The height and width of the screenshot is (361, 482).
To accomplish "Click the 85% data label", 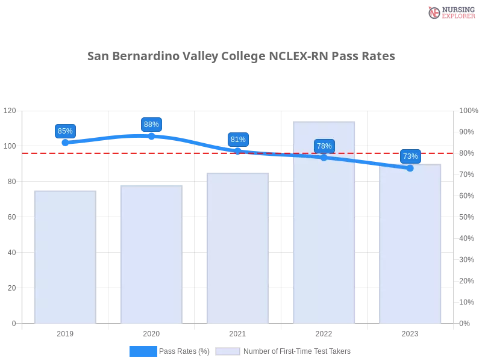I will click(64, 131).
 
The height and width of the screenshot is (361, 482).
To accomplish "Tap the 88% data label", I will click(151, 125).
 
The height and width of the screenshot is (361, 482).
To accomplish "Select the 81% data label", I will click(238, 140).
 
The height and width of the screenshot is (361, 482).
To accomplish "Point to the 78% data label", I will click(324, 146).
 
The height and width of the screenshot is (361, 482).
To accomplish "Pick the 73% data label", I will click(410, 156).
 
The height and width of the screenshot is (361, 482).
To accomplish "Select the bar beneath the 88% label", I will click(149, 255).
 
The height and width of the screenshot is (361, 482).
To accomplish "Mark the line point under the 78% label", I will click(324, 158).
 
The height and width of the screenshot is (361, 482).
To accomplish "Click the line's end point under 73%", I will click(410, 168).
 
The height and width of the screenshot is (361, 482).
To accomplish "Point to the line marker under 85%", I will click(65, 143).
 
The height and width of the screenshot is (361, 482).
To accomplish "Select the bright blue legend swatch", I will click(143, 351).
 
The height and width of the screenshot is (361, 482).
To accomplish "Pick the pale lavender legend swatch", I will click(228, 351).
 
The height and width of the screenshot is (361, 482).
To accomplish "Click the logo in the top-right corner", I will click(450, 13).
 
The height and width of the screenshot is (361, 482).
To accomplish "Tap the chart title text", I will click(241, 57).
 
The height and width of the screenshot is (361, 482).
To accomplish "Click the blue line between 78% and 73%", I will click(368, 162).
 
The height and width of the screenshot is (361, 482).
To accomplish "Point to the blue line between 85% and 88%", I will click(108, 138).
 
